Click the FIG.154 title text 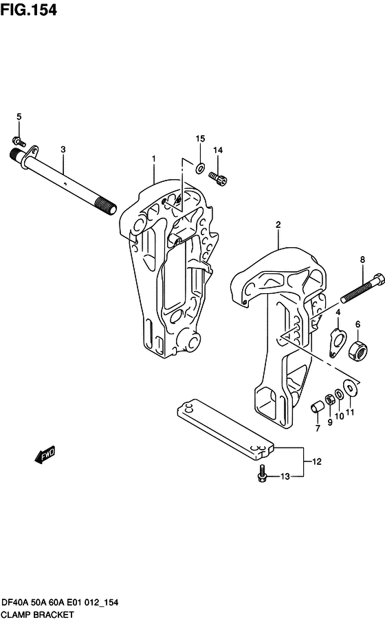point(29,10)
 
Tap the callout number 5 point(19,117)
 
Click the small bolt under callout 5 point(19,141)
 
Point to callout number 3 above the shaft point(63,150)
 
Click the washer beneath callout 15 point(199,168)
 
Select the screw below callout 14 point(218,178)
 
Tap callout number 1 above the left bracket point(154,159)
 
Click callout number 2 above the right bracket point(278,224)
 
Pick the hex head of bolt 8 point(379,279)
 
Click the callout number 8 point(362,260)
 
